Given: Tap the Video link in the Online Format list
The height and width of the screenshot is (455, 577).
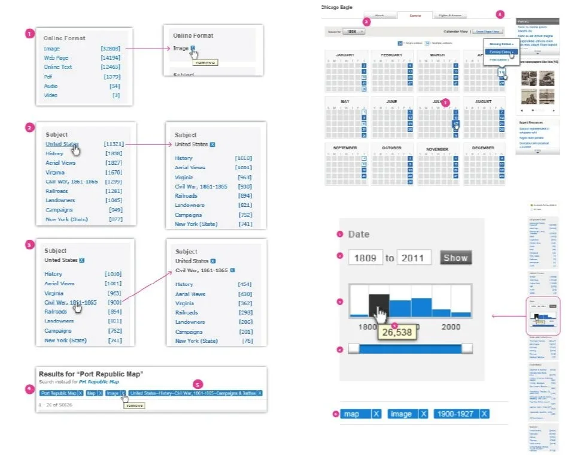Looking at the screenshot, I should [51, 95].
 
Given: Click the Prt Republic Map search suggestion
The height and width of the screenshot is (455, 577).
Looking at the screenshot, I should [99, 382].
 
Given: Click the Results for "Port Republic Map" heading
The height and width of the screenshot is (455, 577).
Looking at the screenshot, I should [95, 373].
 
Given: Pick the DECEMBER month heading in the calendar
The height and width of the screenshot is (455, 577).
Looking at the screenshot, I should [483, 149].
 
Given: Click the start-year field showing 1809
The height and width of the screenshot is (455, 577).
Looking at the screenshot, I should [365, 258].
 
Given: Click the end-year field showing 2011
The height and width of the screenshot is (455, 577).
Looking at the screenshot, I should [414, 258].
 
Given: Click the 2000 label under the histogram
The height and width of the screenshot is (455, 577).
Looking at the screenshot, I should [451, 327].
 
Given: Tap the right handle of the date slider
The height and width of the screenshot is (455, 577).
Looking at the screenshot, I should [467, 349].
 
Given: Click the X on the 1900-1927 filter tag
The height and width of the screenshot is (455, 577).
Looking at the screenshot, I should [484, 414].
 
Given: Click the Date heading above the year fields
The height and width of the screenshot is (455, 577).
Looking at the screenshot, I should [359, 234].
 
